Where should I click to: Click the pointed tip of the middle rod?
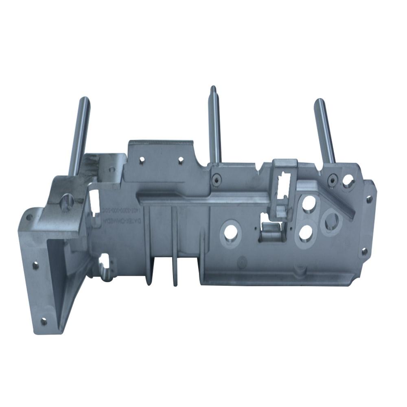pyautogui.click(x=212, y=88)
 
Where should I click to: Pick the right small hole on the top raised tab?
pyautogui.click(x=180, y=160)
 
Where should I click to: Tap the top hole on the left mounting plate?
pyautogui.click(x=28, y=217)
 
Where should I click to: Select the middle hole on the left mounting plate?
pyautogui.click(x=35, y=266)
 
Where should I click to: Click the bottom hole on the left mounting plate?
pyautogui.click(x=43, y=321)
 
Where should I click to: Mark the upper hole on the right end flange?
pyautogui.click(x=369, y=199)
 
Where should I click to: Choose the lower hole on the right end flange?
pyautogui.click(x=364, y=251)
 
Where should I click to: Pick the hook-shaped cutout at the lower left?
pyautogui.click(x=105, y=267)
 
